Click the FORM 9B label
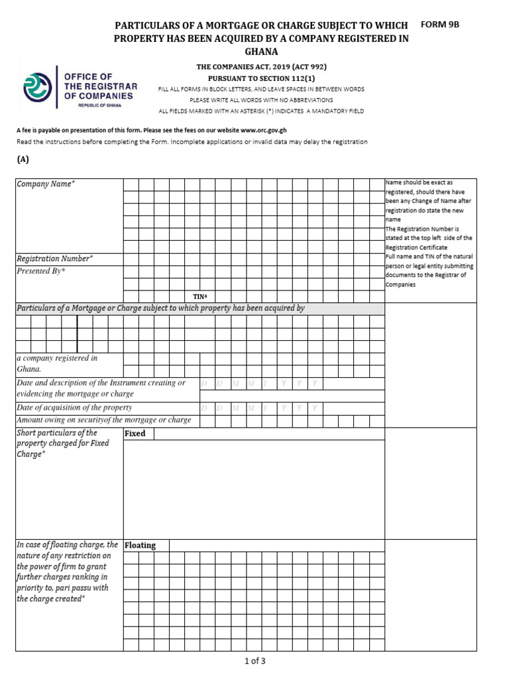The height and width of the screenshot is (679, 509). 439,25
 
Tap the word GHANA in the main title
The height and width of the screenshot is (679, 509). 261,52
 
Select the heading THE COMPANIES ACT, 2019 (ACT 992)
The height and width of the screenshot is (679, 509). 261,67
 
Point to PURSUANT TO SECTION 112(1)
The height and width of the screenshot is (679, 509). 261,78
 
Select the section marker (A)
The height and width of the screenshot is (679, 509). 23,159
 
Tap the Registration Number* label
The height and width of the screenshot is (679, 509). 54,259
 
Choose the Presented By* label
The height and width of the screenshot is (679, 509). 41,271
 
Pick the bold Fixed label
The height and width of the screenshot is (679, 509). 135,434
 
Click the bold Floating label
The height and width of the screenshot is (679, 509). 140,545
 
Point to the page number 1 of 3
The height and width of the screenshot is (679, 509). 255,660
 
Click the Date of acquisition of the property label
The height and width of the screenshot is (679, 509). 74,408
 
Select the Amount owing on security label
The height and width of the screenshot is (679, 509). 103,420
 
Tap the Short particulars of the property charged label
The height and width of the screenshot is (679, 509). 63,444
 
